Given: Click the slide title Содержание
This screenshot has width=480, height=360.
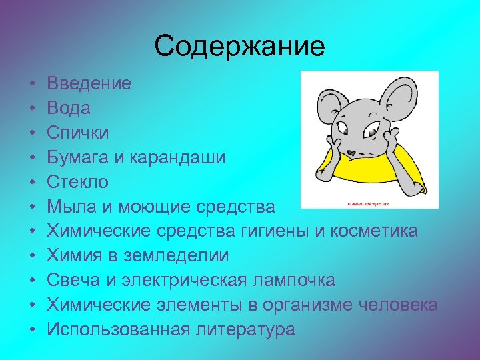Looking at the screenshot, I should pos(239,47).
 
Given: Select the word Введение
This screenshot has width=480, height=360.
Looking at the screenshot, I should pos(89,83).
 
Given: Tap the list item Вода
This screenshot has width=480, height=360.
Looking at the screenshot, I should pos(69,108).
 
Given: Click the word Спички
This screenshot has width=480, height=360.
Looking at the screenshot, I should pos(78,133).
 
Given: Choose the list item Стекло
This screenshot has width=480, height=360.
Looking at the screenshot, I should pos(77,182).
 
